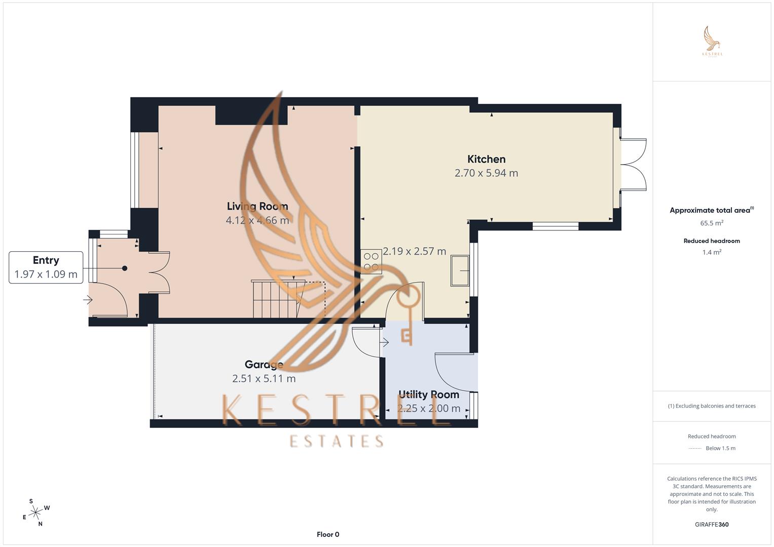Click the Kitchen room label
486,159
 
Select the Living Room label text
257,206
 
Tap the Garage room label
264,364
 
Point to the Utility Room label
428,394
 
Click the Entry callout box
46,267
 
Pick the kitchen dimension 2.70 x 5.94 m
486,173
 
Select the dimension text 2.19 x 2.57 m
414,251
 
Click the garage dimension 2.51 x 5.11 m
264,378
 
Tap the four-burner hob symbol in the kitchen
371,262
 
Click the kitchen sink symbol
460,270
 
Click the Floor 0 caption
327,534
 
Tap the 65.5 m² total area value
712,223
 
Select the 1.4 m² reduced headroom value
712,252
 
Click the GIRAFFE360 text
712,524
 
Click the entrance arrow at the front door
88,300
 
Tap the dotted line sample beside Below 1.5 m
695,448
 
